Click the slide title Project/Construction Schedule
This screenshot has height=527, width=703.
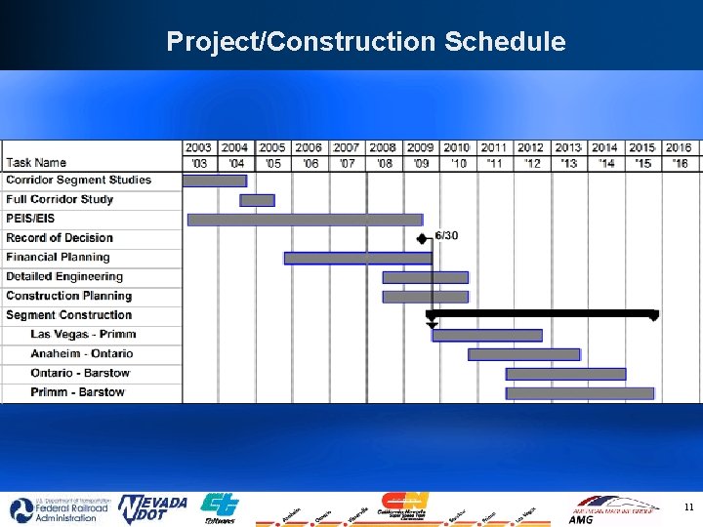[365, 41]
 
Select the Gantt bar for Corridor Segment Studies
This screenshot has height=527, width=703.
[215, 181]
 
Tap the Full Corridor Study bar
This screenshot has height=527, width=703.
[257, 200]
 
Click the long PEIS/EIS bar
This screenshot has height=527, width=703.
[305, 220]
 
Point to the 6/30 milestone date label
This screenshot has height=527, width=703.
[447, 236]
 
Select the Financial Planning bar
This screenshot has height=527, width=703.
[357, 258]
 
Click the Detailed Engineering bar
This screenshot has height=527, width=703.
[425, 277]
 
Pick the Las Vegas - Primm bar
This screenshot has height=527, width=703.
[486, 335]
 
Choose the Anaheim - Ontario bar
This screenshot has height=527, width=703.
[523, 354]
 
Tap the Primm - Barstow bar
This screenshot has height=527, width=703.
[579, 393]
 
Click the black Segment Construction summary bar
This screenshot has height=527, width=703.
[542, 314]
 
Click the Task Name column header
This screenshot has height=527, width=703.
[36, 162]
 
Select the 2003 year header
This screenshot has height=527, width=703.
[198, 147]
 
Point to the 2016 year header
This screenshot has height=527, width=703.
[679, 147]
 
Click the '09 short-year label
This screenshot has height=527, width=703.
[421, 163]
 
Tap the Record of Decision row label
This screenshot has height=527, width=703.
[60, 238]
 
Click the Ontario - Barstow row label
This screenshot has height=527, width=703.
[80, 373]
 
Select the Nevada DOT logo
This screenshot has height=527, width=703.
[152, 508]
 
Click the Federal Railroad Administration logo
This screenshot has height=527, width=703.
[54, 509]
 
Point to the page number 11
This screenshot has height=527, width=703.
[688, 507]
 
